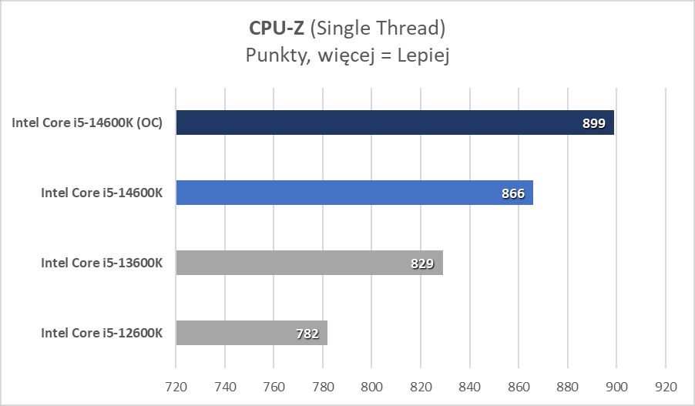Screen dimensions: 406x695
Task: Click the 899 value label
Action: pos(594,123)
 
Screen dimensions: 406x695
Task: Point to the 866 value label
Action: pos(512,193)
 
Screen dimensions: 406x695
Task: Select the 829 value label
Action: pos(422,263)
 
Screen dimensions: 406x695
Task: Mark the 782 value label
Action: pos(308,334)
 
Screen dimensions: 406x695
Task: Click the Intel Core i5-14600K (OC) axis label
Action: pos(87,122)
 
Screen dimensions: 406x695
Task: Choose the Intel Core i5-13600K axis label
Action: pos(102,263)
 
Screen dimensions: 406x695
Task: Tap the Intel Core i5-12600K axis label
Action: pos(102,333)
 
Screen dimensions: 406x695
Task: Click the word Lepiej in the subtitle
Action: pos(421,55)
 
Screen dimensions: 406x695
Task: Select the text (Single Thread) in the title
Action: pos(378,29)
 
